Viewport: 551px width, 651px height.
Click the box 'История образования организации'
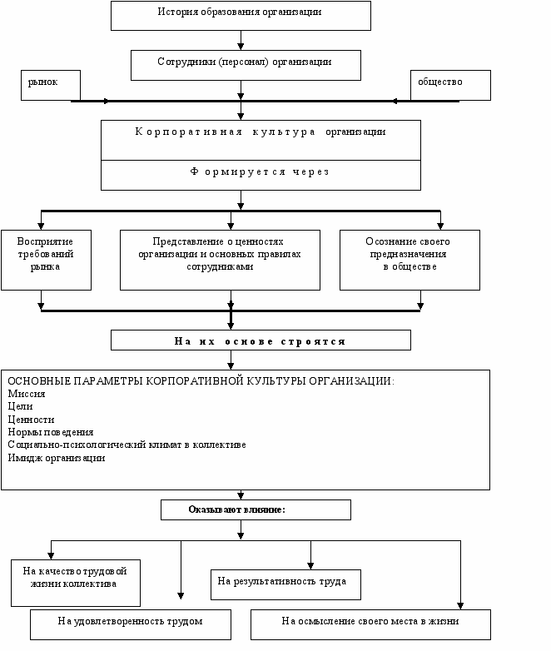tap(241, 16)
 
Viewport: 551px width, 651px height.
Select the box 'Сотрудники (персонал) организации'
tap(246, 65)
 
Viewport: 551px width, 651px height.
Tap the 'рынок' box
tap(51, 85)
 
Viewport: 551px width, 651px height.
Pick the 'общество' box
tap(450, 85)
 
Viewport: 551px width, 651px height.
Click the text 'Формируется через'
tap(261, 171)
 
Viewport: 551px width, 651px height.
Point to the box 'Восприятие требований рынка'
tap(46, 260)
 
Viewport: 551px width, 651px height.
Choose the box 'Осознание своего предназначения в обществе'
tap(410, 260)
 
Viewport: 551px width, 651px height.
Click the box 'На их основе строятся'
tap(261, 340)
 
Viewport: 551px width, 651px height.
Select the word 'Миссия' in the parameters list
tap(27, 394)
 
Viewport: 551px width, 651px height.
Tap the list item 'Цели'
tap(20, 406)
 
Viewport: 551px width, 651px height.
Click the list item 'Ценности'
tap(31, 420)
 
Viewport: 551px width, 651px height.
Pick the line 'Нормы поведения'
tap(51, 432)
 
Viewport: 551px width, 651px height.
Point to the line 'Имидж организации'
tap(57, 458)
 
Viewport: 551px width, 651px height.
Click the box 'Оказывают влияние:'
tap(256, 509)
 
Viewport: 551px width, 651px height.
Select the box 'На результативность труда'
tap(285, 584)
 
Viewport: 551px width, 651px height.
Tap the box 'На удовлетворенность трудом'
tap(131, 624)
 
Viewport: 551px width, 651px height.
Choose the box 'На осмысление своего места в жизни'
tap(370, 624)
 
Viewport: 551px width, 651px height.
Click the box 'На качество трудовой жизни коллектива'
tap(76, 583)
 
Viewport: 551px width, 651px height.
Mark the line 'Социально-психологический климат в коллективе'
tap(127, 445)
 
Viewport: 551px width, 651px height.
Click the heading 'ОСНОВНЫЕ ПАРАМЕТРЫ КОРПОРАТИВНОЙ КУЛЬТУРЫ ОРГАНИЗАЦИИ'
tap(201, 380)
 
